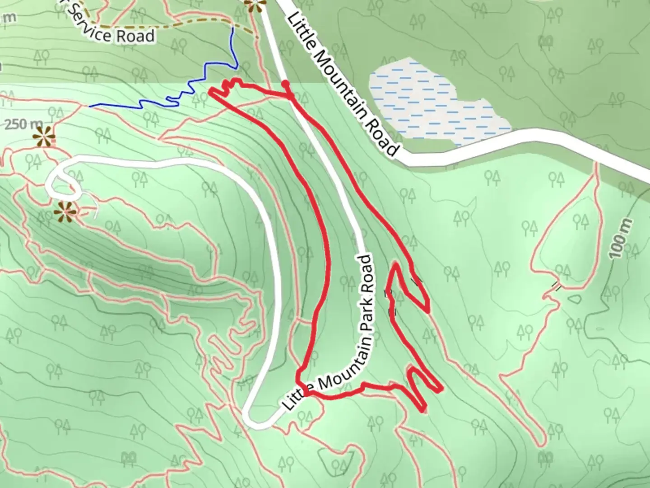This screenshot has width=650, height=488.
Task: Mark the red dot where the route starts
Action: [x=285, y=84]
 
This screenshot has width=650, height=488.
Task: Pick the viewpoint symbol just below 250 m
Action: [x=45, y=136]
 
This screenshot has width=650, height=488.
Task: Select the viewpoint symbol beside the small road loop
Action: [x=63, y=211]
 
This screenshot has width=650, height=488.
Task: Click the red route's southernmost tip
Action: [x=423, y=410]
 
